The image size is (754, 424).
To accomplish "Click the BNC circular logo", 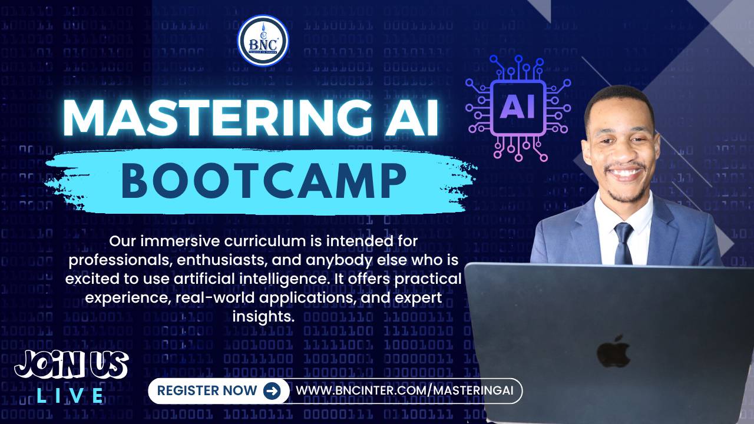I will (x=263, y=40).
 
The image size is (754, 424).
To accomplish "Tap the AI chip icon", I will (x=518, y=107).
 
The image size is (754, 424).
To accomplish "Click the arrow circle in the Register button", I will (x=272, y=390).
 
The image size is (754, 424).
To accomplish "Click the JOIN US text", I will (x=71, y=366).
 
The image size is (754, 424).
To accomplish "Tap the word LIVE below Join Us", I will (x=71, y=396).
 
